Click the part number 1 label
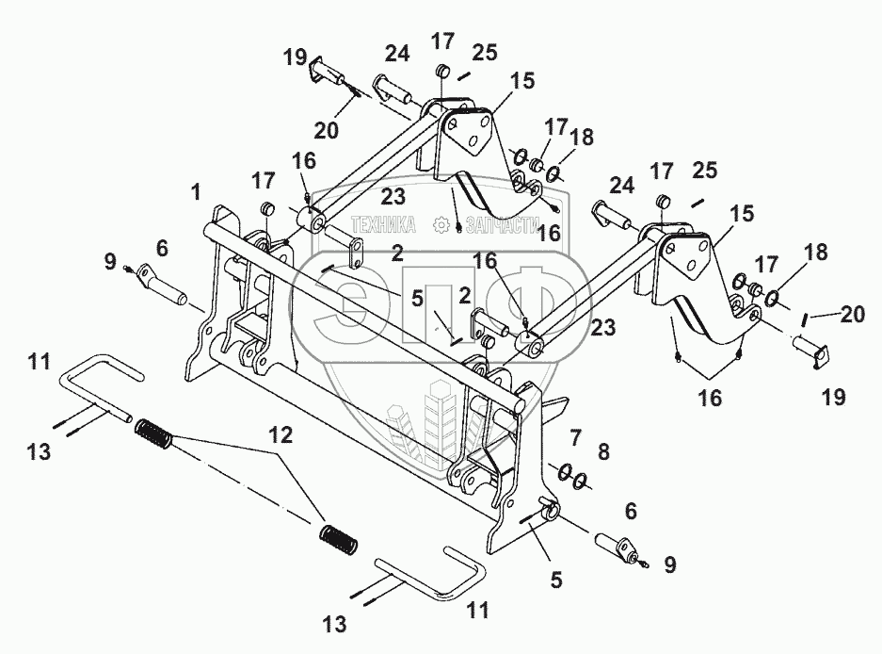(x=195, y=193)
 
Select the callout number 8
(x=603, y=452)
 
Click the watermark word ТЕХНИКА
(x=384, y=225)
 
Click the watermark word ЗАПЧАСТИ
(x=495, y=225)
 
